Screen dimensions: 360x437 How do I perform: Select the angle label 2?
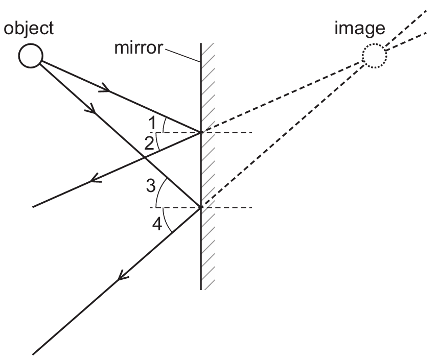[x=150, y=143]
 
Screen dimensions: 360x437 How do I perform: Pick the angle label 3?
[x=151, y=186]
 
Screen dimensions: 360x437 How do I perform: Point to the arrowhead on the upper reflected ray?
[x=93, y=179]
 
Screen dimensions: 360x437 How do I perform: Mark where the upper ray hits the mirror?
[x=200, y=132]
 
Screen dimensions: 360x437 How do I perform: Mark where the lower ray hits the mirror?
[x=200, y=207]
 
